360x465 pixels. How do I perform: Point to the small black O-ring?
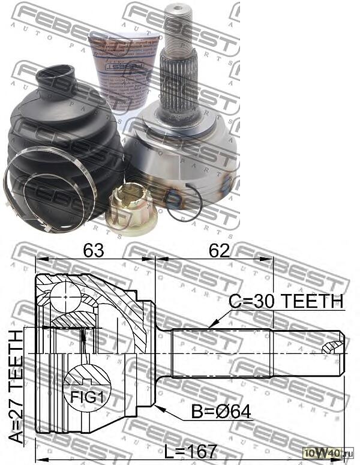(x=182, y=205)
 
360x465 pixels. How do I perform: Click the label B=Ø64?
(x=221, y=413)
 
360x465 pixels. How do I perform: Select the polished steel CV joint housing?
(x=186, y=156)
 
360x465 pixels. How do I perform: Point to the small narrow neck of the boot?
(x=55, y=81)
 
